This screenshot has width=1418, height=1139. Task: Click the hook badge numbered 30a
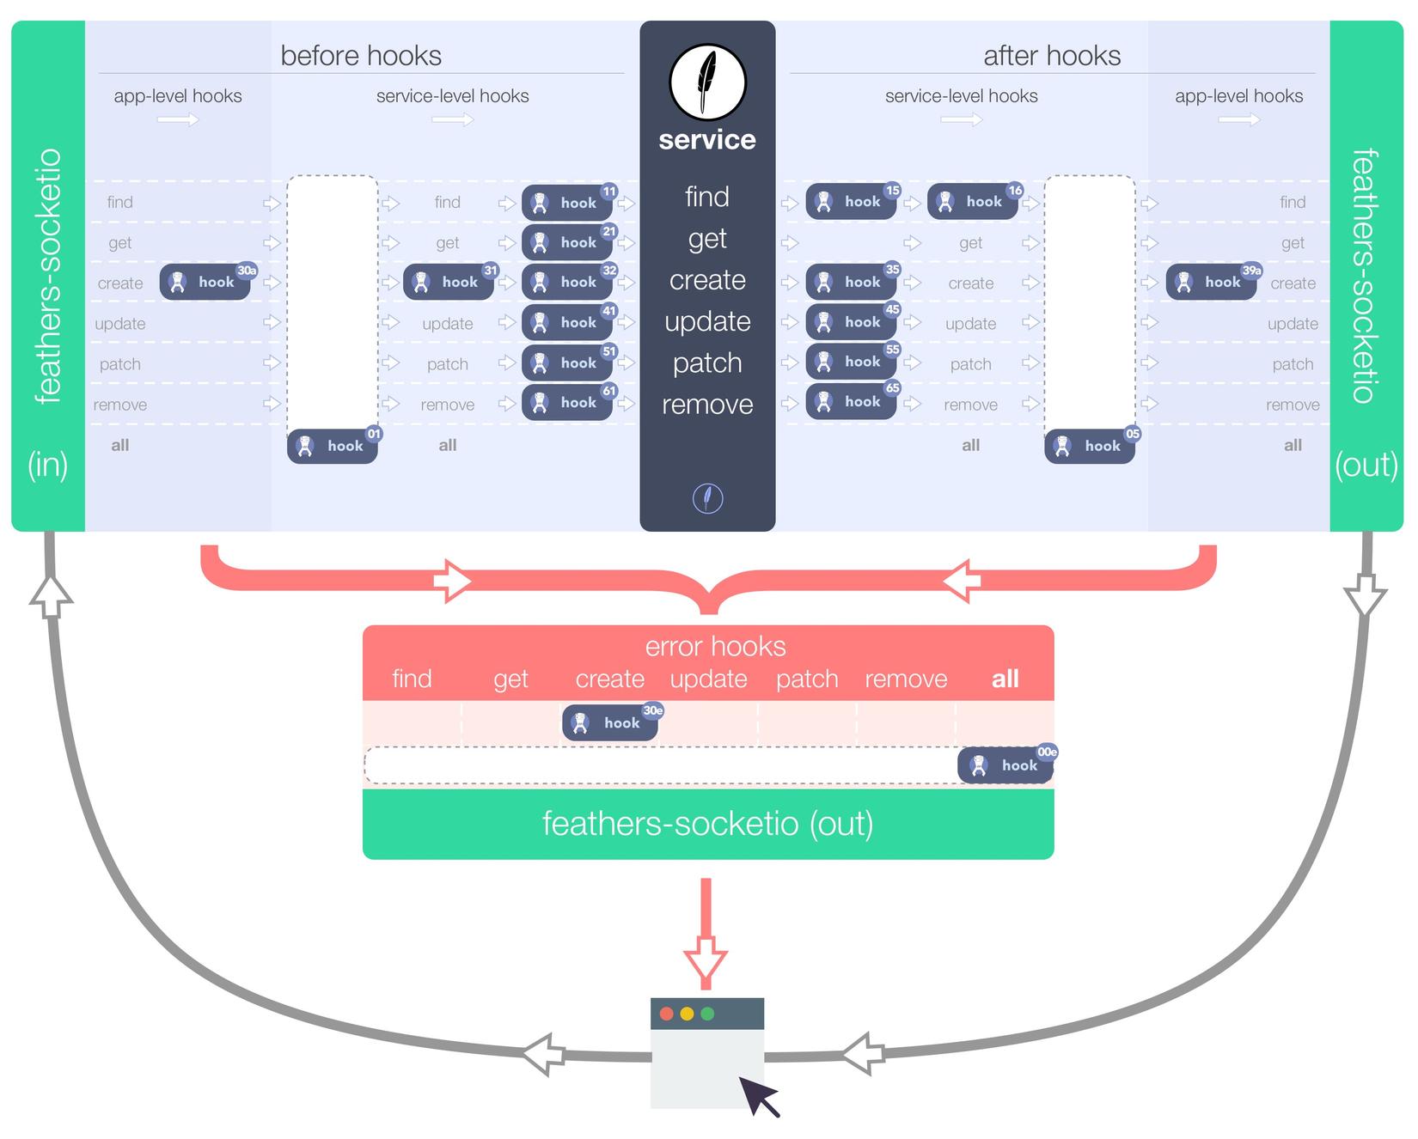(x=205, y=283)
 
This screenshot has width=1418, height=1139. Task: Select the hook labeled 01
(x=333, y=446)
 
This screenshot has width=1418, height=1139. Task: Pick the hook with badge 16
(x=973, y=202)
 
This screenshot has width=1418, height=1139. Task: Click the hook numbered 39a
(x=1212, y=282)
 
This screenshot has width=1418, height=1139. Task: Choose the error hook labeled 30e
(x=610, y=722)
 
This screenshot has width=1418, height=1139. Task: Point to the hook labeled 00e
(x=1006, y=765)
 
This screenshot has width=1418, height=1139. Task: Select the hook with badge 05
(x=1090, y=446)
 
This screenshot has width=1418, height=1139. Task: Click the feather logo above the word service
(x=707, y=82)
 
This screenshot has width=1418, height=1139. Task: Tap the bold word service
(x=707, y=140)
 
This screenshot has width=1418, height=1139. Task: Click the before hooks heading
(x=361, y=56)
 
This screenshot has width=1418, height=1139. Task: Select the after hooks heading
(x=1052, y=56)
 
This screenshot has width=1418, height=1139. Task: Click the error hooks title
(x=715, y=646)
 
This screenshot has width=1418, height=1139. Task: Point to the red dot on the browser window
(x=666, y=1014)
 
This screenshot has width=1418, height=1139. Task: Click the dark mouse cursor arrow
(x=758, y=1095)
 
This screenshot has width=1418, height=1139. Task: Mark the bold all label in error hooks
(x=1005, y=679)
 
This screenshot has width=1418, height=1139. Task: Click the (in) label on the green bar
(x=48, y=465)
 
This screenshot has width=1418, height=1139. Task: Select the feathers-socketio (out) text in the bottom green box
(x=707, y=823)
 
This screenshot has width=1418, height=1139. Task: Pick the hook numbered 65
(x=851, y=401)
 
